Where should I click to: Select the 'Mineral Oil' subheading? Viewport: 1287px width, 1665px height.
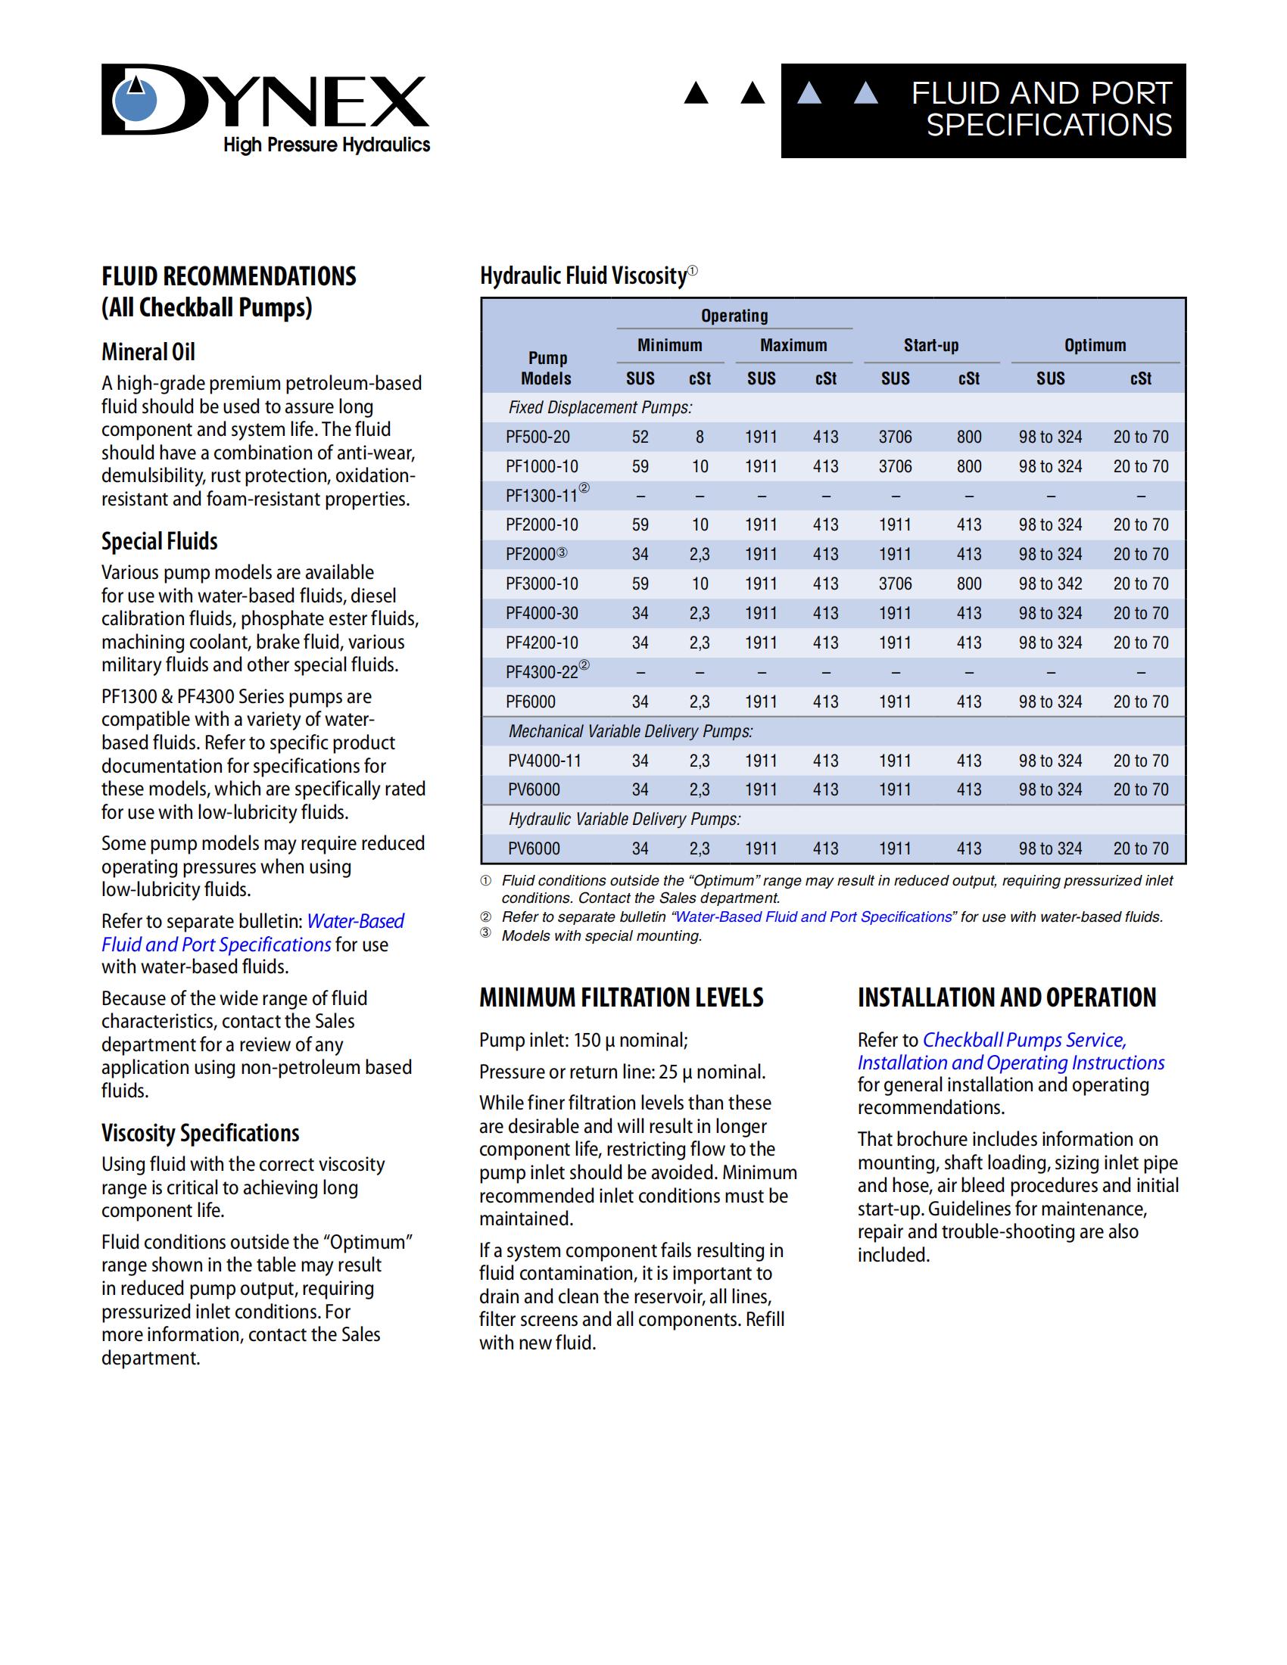pos(148,352)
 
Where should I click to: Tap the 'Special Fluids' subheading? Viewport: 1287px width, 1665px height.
pos(159,541)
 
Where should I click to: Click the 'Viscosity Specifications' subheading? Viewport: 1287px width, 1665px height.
pos(201,1133)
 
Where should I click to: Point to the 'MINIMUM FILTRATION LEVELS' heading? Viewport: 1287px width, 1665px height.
pos(621,997)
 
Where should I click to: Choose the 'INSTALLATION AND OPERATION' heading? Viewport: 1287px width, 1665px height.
pos(1006,997)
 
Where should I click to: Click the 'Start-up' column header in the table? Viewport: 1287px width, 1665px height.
pos(931,345)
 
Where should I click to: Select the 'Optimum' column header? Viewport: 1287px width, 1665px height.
pos(1095,345)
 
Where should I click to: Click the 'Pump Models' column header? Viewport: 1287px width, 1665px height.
pos(547,369)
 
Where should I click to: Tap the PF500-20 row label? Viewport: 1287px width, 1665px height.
pos(538,437)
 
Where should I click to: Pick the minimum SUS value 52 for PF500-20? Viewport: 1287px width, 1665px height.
pos(640,437)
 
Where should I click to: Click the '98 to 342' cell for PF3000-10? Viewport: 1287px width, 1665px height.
pos(1050,584)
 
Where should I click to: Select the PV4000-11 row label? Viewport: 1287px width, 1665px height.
pos(544,761)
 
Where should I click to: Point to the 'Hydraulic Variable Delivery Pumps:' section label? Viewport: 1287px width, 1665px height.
pos(625,820)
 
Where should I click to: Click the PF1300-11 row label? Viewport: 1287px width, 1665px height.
pos(542,496)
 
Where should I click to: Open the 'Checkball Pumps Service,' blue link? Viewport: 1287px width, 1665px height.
pos(1024,1040)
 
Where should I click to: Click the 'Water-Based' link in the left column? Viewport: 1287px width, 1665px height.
pos(355,921)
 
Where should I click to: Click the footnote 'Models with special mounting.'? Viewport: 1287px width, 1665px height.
pos(601,935)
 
